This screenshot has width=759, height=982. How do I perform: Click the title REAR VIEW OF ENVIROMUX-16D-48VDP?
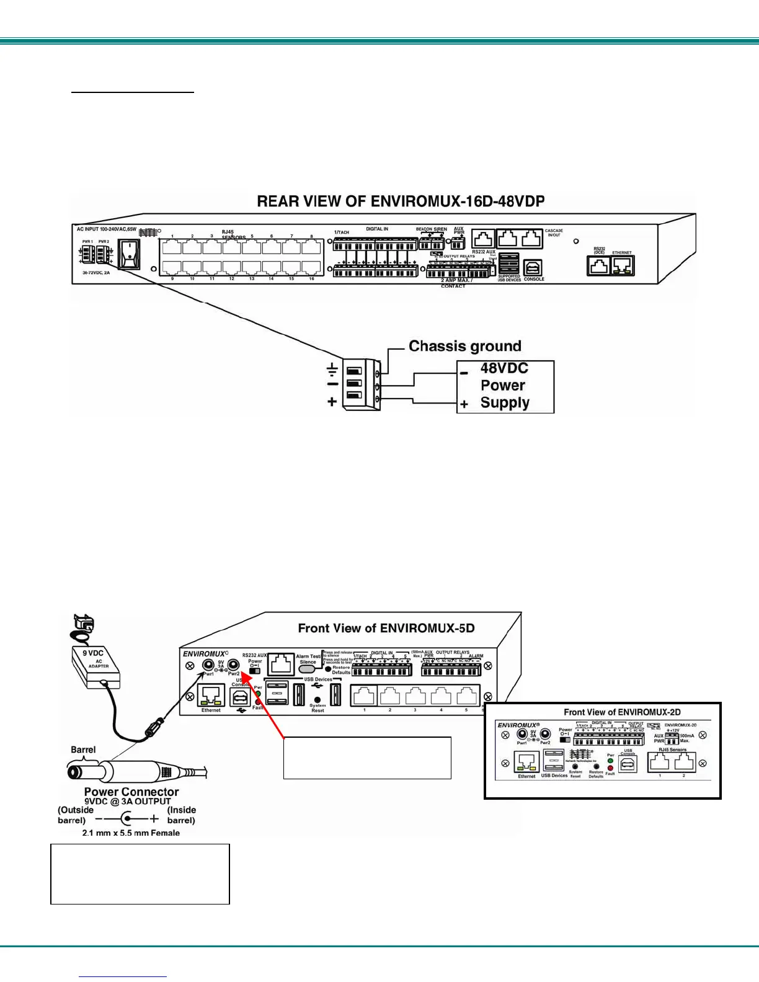[401, 201]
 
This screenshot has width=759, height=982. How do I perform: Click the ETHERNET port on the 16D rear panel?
[622, 266]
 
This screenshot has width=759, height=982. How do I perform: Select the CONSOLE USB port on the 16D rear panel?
[533, 268]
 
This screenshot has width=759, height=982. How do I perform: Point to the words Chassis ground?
[464, 346]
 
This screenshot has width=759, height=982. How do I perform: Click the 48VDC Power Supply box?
[505, 386]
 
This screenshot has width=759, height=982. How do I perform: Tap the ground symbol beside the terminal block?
[332, 370]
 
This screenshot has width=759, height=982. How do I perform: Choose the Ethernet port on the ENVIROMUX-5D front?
[211, 695]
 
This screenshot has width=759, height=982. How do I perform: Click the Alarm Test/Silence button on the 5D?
[308, 670]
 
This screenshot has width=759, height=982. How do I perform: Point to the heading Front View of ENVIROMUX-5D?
[386, 628]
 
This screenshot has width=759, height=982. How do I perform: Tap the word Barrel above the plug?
[83, 750]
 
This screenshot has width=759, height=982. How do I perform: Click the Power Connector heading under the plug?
[131, 792]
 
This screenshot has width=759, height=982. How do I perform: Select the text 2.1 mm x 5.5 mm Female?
[131, 833]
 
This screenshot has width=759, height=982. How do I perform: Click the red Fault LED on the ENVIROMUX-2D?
[610, 767]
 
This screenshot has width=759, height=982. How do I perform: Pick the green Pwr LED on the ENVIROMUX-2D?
[610, 760]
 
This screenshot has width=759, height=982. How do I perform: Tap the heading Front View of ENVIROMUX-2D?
[622, 712]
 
